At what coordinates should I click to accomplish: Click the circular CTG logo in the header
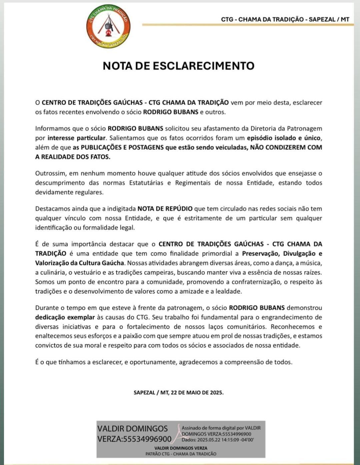point(108,27)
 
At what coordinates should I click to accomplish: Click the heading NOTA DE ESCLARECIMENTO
point(178,66)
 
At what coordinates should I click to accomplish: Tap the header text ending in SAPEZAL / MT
point(285,19)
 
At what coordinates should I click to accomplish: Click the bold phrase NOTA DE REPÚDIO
point(165,209)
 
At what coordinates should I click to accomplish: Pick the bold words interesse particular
point(76,138)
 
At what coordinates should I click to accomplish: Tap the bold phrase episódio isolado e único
point(283,138)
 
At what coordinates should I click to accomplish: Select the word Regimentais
point(195,183)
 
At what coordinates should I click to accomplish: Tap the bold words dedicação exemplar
point(65,317)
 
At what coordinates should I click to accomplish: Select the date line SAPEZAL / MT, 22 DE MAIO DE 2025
point(178,392)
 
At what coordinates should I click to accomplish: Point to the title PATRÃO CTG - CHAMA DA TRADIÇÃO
point(181,454)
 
